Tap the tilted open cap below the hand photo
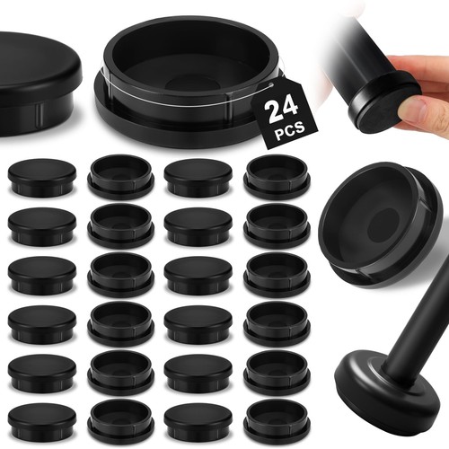click(x=380, y=226)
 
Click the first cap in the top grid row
click(x=42, y=178)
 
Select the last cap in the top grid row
click(x=277, y=176)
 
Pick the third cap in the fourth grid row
click(x=198, y=324)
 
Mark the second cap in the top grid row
click(x=121, y=176)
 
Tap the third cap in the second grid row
click(x=198, y=226)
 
